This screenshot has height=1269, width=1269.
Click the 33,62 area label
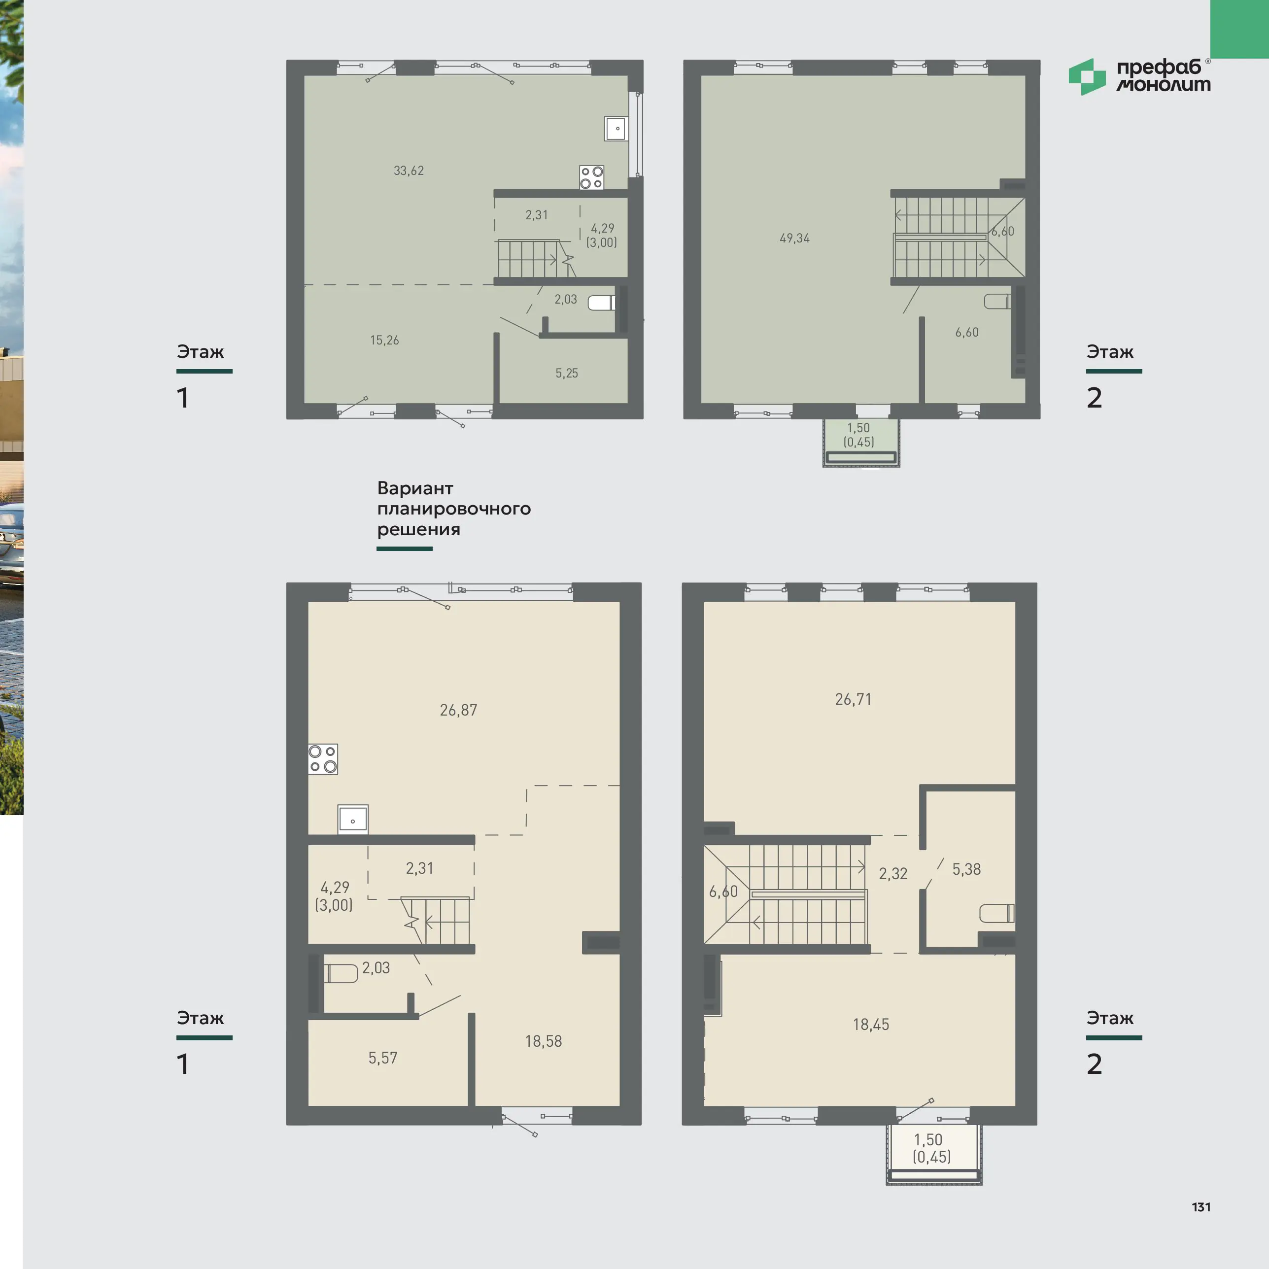pos(409,171)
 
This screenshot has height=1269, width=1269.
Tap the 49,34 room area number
pos(795,239)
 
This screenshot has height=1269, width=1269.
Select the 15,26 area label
pos(384,340)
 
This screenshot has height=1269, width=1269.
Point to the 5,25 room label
pos(567,373)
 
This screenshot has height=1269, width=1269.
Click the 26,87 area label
pos(458,710)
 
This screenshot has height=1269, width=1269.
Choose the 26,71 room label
pos(853,699)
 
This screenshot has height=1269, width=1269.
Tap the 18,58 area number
pos(543,1041)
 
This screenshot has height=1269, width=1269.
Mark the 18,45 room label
pos(871,1025)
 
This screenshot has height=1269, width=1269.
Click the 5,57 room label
pos(382,1058)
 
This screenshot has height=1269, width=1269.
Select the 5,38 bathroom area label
pos(966,870)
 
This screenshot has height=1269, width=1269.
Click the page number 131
pos(1201,1207)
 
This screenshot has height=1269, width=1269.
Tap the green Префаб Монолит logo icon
pos(1087,77)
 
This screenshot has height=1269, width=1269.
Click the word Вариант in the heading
pos(415,489)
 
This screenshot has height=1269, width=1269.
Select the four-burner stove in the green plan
pos(591,177)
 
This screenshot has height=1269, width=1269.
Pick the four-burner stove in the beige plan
pos(322,758)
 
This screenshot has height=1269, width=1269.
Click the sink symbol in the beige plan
pos(353,820)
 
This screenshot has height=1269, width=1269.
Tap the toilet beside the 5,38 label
pos(996,914)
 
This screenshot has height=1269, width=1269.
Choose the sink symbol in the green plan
pos(616,129)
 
